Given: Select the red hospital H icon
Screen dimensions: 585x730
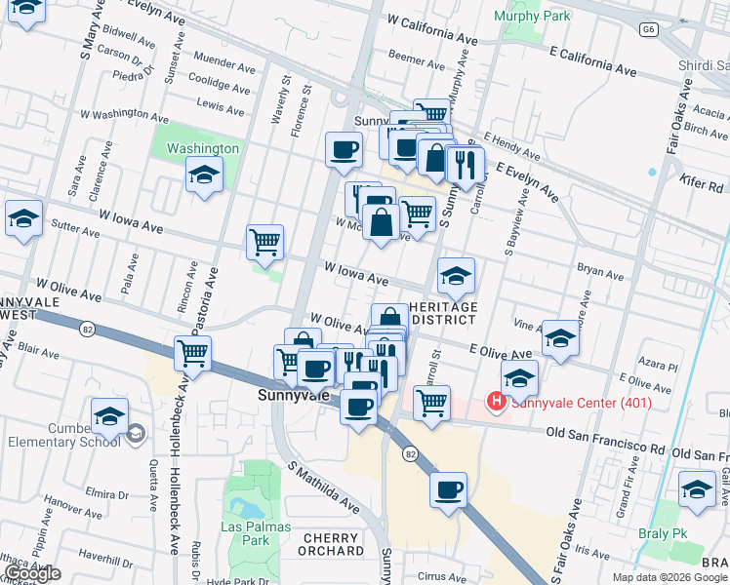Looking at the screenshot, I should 497,401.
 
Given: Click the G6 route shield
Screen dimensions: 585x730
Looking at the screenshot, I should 649,30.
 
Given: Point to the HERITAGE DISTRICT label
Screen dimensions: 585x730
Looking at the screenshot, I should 443,314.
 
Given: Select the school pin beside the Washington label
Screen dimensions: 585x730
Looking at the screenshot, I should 204,175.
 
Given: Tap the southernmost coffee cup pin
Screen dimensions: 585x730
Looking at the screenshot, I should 448,489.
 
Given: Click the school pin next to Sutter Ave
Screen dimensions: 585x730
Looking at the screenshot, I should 23,219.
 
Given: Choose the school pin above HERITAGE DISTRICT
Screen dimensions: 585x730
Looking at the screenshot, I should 456,277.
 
